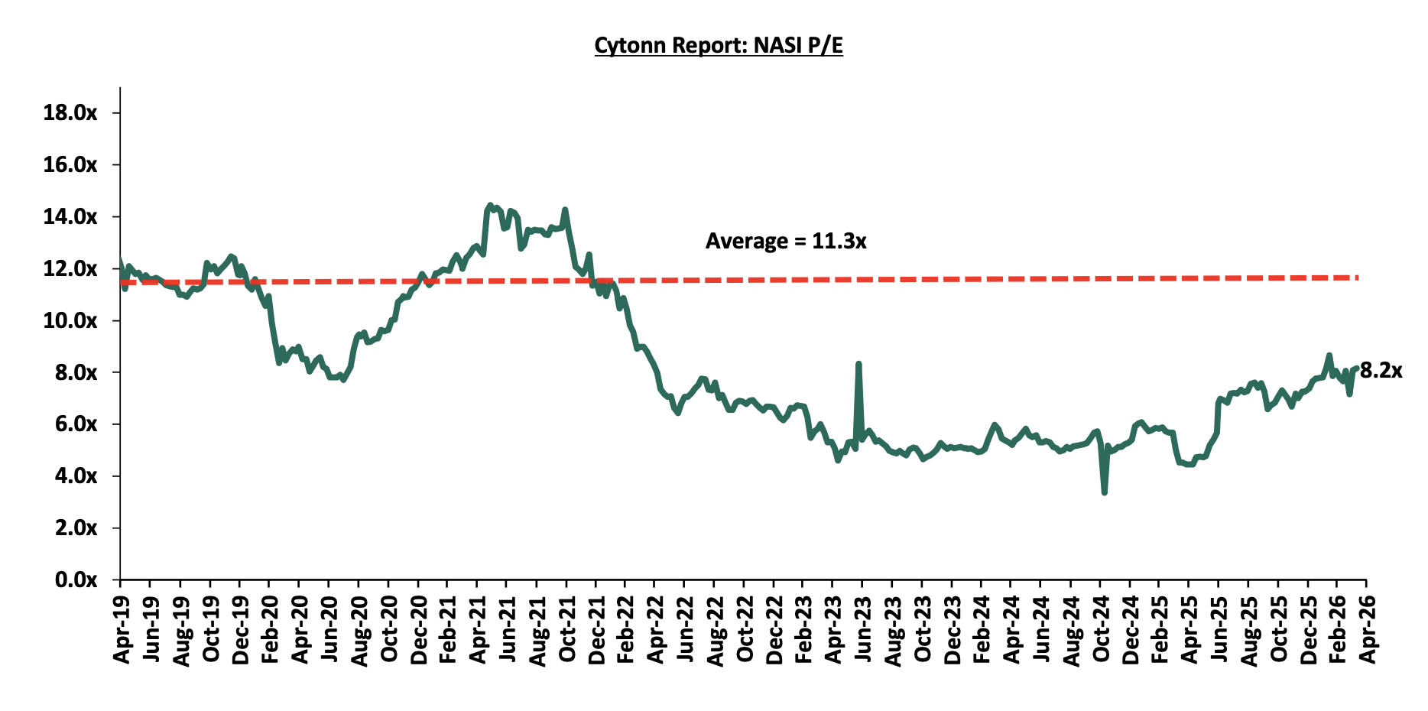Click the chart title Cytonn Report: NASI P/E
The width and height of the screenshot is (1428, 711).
(718, 46)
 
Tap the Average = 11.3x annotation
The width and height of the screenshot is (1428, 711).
(785, 242)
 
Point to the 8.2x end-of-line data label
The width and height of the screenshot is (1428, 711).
(1381, 371)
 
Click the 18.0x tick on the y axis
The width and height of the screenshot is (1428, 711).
(70, 113)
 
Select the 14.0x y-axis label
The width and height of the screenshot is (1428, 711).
(70, 217)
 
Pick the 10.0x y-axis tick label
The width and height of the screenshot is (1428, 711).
(70, 321)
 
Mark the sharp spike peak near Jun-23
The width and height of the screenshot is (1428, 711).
(858, 364)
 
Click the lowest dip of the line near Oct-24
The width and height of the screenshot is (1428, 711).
(1105, 493)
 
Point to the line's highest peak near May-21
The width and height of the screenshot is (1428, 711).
(490, 205)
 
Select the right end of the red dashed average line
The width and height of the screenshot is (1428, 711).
(1358, 277)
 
